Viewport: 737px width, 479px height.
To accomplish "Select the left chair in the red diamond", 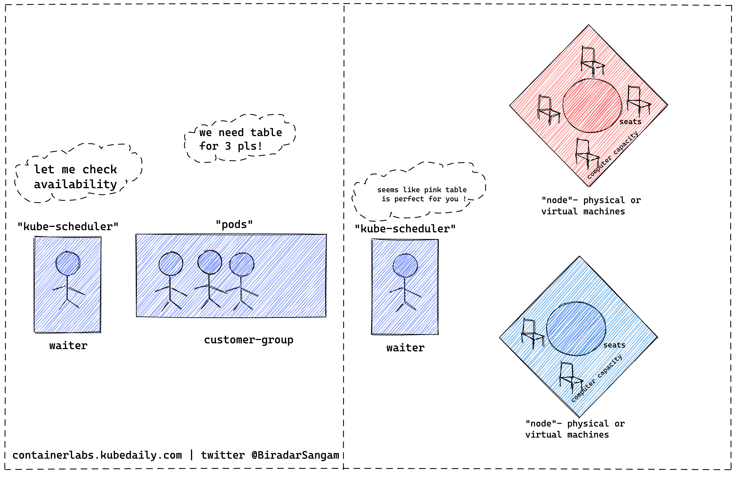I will pyautogui.click(x=548, y=110).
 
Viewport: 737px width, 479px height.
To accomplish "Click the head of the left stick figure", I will pyautogui.click(x=171, y=264).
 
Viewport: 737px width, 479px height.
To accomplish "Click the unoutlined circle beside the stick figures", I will pyautogui.click(x=242, y=264).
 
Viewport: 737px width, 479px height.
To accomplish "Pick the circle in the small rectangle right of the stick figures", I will pyautogui.click(x=405, y=265).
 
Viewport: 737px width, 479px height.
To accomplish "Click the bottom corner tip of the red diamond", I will pyautogui.click(x=588, y=186).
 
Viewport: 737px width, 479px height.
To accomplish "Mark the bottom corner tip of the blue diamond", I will pyautogui.click(x=578, y=417).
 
